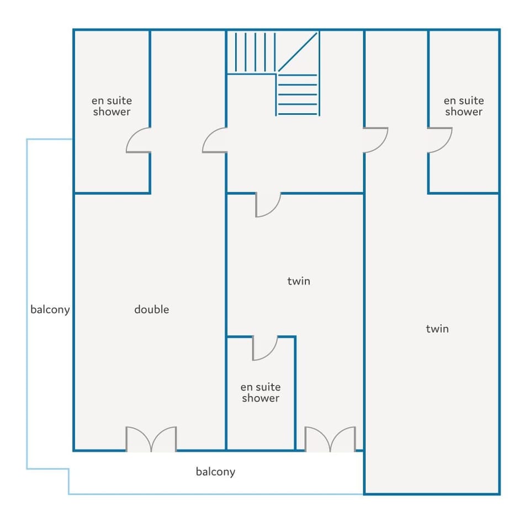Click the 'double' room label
pos(151,309)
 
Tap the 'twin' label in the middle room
pos(299,281)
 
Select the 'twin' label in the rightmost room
pos(437,329)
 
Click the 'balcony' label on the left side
pos(50,310)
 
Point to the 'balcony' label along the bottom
pos(215,472)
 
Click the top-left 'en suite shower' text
pos(112,106)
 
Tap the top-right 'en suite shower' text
pos(464,106)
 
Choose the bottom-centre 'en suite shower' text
pos(261,392)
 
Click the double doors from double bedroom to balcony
pos(151,439)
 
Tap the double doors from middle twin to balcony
pos(330,439)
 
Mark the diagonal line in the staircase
pos(298,52)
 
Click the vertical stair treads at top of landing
pos(255,52)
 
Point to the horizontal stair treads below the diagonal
pos(298,94)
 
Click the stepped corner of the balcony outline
pos(68,469)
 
